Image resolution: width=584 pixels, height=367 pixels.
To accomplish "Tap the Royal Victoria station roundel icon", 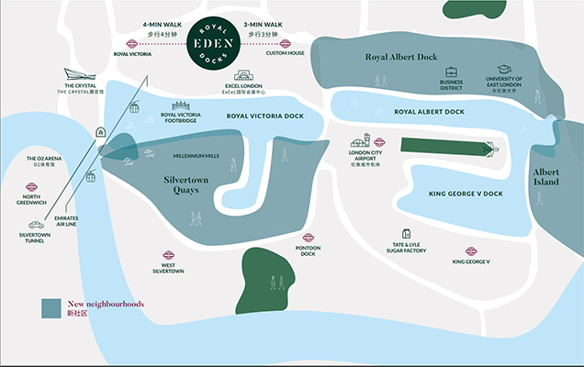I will click(x=132, y=43).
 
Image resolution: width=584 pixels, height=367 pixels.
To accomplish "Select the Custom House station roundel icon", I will click(x=286, y=43).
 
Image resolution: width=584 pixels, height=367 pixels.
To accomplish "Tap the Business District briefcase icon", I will click(x=452, y=72).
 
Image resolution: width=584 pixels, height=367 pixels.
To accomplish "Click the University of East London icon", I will click(x=504, y=72).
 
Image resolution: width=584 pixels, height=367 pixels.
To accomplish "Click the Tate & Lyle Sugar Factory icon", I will click(x=405, y=234).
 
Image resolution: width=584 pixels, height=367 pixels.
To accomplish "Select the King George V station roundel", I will click(x=471, y=250).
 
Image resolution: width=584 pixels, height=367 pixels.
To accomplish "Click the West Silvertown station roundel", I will click(x=169, y=256).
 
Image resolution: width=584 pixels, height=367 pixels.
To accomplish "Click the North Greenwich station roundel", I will click(x=32, y=187).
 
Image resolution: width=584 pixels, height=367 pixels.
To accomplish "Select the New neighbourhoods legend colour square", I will click(x=51, y=307).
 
